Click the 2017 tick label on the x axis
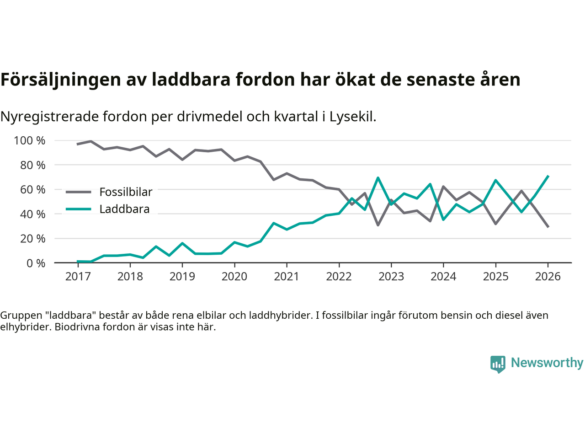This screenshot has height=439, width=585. point(78,277)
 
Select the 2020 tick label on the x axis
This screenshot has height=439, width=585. point(234,277)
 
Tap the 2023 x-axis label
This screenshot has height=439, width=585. point(391,277)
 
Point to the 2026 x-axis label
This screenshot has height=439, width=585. point(548,277)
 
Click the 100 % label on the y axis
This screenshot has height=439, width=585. point(30,140)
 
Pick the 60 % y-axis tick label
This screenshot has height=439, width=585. point(32,189)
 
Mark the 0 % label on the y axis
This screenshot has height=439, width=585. point(35,263)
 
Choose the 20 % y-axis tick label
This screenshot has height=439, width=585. point(32,238)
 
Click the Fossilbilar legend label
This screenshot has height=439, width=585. point(126,192)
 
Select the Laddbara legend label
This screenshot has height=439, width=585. point(124,209)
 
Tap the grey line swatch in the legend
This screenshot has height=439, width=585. point(79,192)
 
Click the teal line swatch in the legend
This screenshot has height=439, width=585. point(79,209)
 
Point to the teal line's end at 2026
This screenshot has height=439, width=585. point(548,176)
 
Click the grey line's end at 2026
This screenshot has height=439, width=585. point(548,226)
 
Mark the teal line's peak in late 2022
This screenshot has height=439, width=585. point(378,178)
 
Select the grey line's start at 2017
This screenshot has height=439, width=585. point(78,144)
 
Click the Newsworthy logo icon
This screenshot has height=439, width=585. point(498,364)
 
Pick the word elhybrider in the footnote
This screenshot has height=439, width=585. point(25,327)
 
